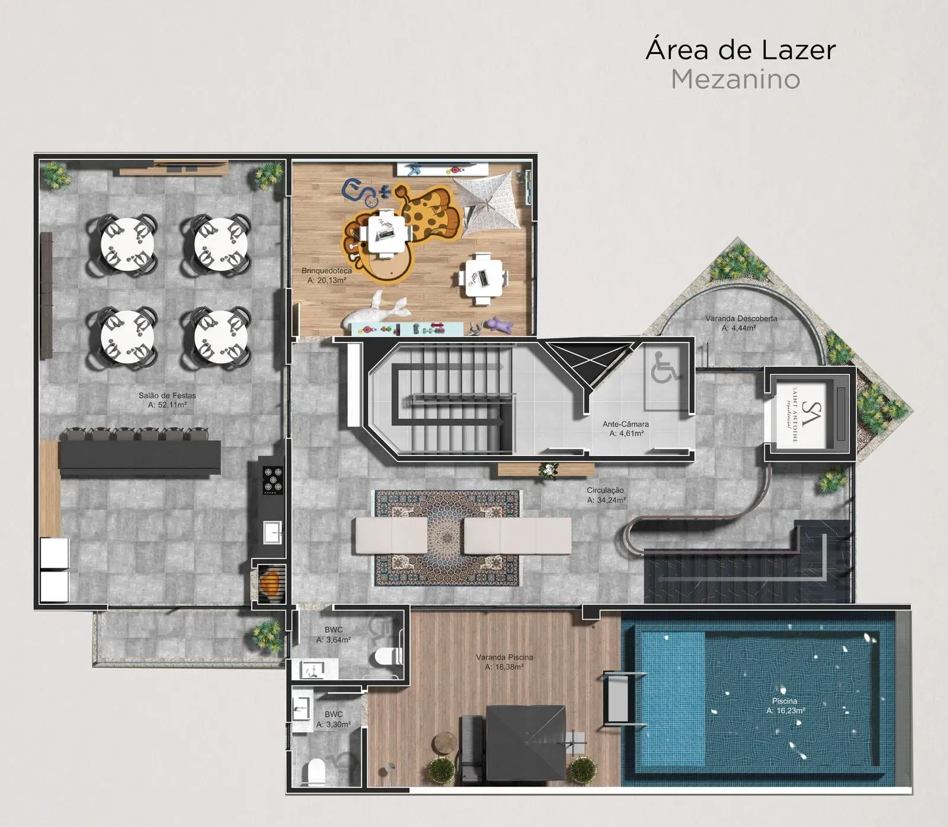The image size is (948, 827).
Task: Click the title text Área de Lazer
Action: click(740, 50)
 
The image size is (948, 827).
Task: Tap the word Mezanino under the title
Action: click(735, 79)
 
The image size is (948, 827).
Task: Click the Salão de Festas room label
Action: click(167, 396)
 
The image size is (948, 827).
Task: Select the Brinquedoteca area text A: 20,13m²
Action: click(326, 280)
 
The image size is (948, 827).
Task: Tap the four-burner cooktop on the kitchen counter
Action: click(273, 480)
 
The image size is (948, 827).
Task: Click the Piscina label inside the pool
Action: click(784, 701)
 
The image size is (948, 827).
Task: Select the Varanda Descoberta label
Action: click(741, 319)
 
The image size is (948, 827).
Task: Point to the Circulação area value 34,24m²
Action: click(606, 500)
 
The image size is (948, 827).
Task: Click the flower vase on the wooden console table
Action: click(548, 470)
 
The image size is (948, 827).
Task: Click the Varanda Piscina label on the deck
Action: click(504, 657)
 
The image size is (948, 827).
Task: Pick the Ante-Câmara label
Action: click(625, 424)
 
